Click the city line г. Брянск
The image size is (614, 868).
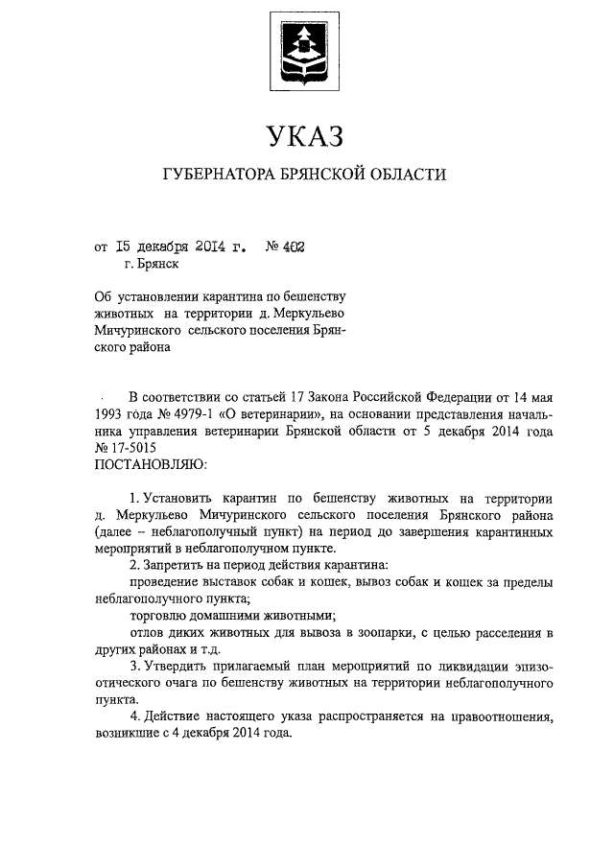coord(151,264)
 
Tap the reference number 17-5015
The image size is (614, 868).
coord(134,448)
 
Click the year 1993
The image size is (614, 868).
coord(111,413)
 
